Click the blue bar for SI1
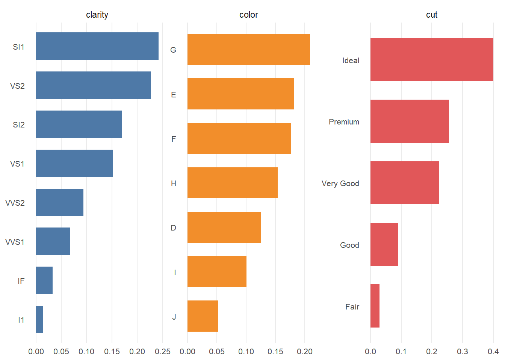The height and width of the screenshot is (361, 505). click(x=97, y=46)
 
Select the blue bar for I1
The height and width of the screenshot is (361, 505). click(x=39, y=319)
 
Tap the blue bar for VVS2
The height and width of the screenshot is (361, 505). click(x=59, y=202)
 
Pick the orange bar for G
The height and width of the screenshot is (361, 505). click(x=248, y=49)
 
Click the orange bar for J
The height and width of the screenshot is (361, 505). click(x=203, y=316)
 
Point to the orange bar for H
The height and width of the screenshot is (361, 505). click(x=232, y=183)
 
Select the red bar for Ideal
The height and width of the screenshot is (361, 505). click(x=431, y=59)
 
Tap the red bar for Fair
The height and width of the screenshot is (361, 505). click(x=375, y=306)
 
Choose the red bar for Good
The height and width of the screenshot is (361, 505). click(x=384, y=244)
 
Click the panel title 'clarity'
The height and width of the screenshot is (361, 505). click(x=97, y=15)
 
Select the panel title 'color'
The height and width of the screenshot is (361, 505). click(x=248, y=15)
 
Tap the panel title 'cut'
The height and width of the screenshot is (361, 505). click(x=431, y=15)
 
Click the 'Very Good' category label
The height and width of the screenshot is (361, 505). click(x=340, y=184)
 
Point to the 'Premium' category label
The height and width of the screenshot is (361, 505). click(x=344, y=122)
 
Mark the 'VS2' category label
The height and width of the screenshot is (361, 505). click(x=17, y=86)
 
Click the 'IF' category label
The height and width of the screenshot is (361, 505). click(x=21, y=281)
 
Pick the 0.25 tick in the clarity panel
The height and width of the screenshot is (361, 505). click(x=163, y=352)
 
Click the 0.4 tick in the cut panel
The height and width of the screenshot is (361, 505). click(x=493, y=352)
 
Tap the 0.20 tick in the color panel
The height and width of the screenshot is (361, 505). click(x=305, y=352)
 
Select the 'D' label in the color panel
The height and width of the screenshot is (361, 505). click(x=173, y=228)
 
